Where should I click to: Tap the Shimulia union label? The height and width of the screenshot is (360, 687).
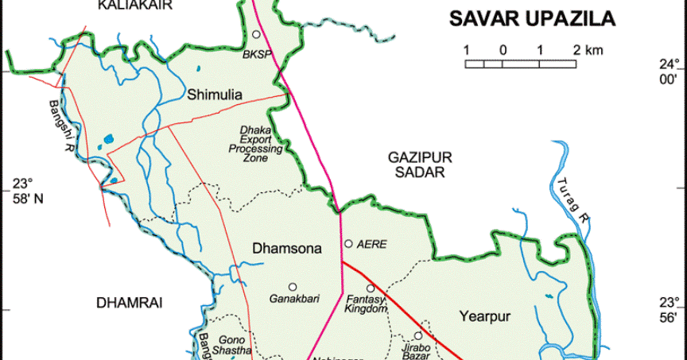(x=215, y=95)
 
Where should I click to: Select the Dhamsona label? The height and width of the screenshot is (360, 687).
(x=287, y=248)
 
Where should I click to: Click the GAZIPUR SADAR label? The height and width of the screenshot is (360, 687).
(x=416, y=165)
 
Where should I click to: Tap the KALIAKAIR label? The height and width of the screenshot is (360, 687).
(x=135, y=6)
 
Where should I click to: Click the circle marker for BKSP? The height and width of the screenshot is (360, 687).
(x=256, y=35)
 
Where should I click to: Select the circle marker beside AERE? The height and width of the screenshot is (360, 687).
(x=347, y=244)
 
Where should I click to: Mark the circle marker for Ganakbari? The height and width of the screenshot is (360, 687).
(x=292, y=287)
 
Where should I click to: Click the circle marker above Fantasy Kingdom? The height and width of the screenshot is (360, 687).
(x=370, y=288)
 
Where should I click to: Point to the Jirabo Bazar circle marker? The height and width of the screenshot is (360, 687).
(x=417, y=335)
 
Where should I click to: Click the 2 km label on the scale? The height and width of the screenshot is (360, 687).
(x=586, y=50)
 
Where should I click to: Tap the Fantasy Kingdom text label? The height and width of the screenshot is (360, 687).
(x=366, y=304)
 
